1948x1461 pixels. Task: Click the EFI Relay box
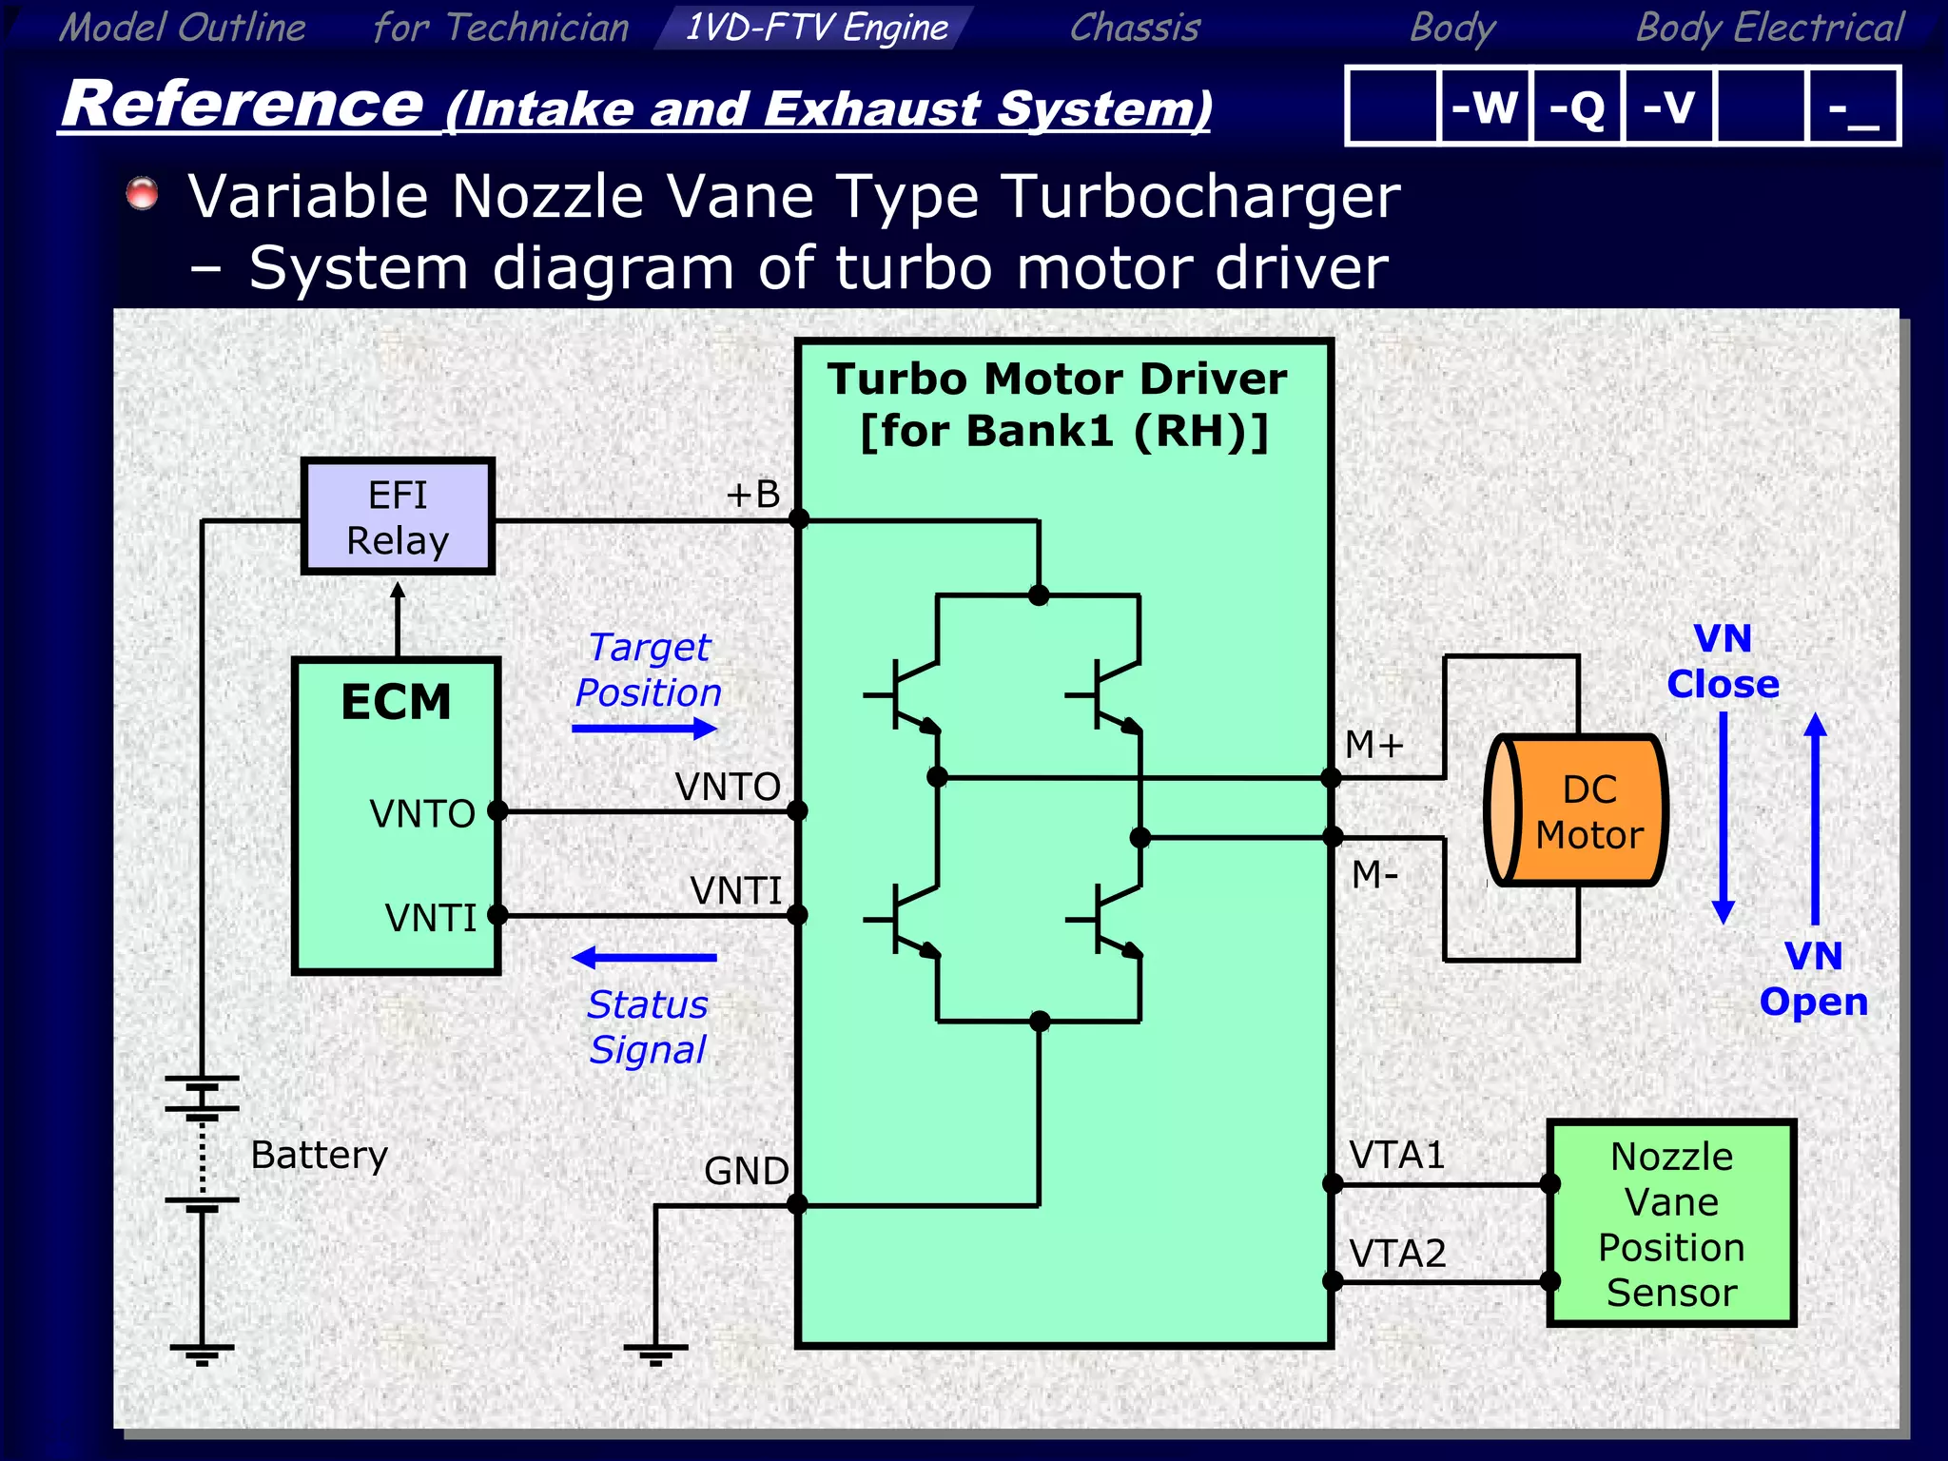(398, 517)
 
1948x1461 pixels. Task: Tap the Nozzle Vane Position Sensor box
(1671, 1223)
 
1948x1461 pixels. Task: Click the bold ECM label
(396, 703)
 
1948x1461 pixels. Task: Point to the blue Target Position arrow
(644, 729)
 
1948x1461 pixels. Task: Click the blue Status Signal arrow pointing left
(644, 957)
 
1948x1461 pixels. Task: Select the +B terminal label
(752, 495)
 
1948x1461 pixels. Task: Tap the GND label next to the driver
(746, 1171)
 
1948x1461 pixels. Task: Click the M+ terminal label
(1373, 745)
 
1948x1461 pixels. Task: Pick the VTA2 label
(1397, 1254)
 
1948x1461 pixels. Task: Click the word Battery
(319, 1155)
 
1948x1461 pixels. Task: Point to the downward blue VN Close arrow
(1723, 818)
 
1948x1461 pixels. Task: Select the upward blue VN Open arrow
(1815, 818)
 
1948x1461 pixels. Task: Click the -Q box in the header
(1576, 107)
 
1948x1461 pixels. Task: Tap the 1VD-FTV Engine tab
(815, 27)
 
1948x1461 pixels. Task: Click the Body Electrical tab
(1769, 27)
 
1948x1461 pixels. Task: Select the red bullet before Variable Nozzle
(143, 193)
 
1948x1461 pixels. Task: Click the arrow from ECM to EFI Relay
(398, 617)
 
